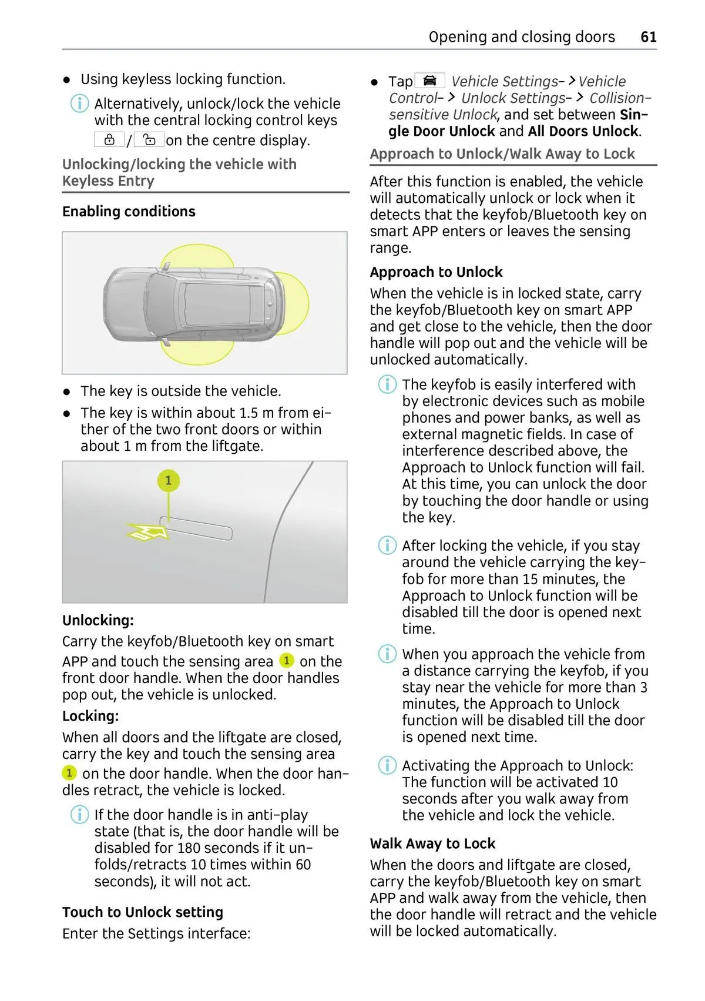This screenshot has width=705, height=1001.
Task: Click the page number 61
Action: point(648,37)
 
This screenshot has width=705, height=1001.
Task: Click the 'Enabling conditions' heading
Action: point(129,212)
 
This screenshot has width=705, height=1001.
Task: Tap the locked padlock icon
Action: point(109,140)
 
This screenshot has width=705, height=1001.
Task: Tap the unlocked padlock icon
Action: point(149,140)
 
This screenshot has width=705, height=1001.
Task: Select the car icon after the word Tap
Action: point(430,81)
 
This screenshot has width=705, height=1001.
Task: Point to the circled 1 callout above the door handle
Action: point(168,481)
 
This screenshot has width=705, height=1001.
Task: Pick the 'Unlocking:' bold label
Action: point(98,621)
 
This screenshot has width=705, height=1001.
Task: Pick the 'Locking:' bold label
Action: point(90,717)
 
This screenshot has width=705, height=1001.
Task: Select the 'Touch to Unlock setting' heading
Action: point(143,912)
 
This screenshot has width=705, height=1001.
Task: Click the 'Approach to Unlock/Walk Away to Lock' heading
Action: point(502,154)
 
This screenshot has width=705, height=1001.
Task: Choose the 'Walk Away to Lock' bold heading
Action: point(432,844)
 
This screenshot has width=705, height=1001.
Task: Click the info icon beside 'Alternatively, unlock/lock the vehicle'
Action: point(79,104)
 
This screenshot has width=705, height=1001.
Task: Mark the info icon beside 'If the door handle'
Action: point(79,815)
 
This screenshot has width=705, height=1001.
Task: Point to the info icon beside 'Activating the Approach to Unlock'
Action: point(387,766)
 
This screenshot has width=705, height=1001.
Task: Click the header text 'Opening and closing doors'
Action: point(522,37)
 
